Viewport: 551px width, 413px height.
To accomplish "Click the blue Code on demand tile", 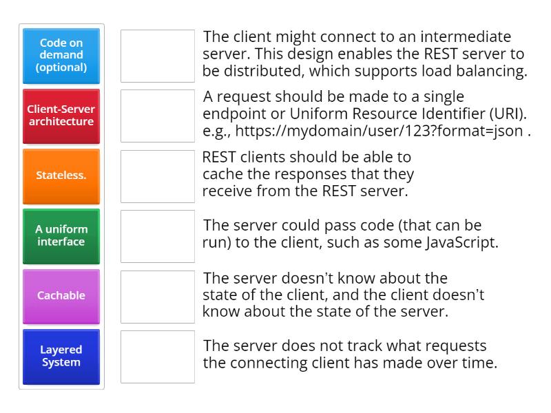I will pos(61,56).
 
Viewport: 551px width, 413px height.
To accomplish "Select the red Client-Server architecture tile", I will pos(61,116).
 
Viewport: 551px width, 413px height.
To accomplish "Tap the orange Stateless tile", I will pos(61,176).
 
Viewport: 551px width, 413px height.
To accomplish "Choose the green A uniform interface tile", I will pos(61,236).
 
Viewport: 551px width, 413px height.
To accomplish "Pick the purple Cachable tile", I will pos(61,296).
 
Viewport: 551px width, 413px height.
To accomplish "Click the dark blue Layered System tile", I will pos(61,357).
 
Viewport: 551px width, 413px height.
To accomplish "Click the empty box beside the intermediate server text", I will pos(158,56).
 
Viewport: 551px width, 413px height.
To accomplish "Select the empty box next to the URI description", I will pos(158,116).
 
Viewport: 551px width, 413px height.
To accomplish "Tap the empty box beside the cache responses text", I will pos(158,176).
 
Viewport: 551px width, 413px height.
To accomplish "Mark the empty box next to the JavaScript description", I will pos(158,236).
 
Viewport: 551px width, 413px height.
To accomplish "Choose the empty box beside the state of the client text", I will pos(158,296).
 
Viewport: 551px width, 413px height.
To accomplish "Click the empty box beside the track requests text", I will pos(158,357).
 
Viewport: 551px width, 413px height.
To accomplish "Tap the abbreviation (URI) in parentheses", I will pos(510,114).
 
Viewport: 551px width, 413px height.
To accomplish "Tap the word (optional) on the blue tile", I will pos(61,67).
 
